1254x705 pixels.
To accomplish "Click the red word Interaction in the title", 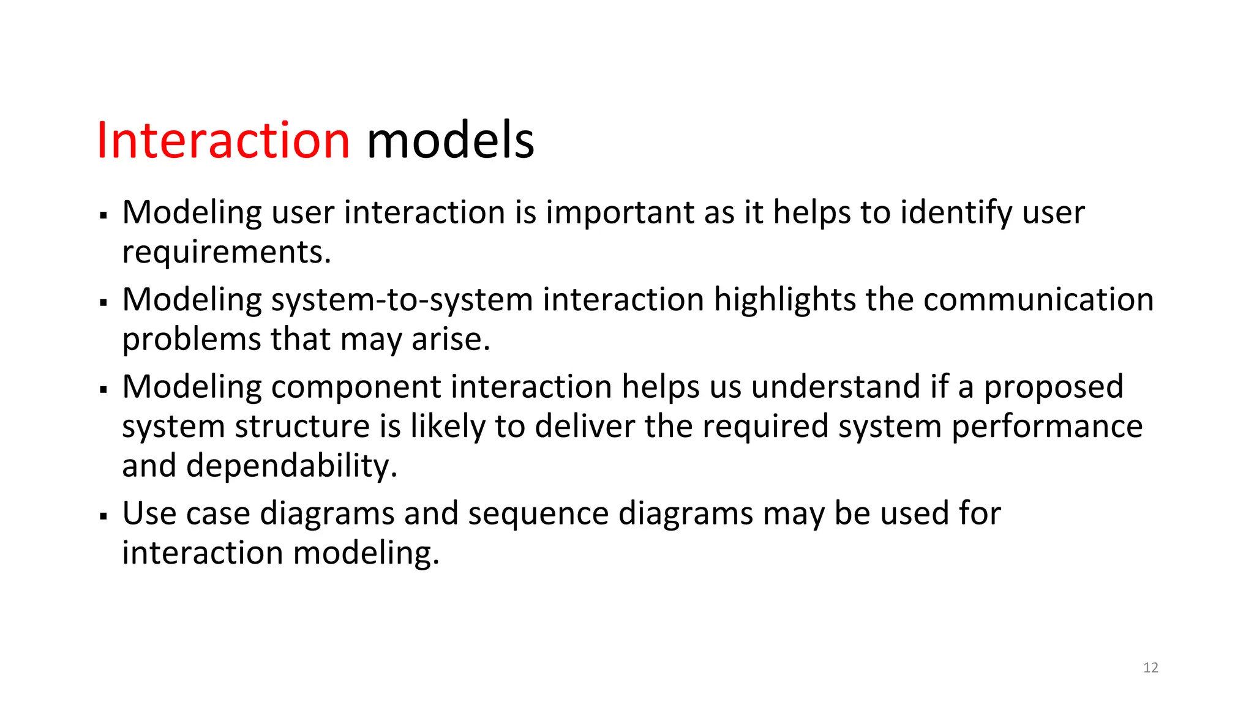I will click(x=223, y=140).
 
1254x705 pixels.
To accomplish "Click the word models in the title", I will click(x=450, y=140).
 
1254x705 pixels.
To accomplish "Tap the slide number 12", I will click(x=1151, y=668).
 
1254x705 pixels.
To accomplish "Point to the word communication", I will click(x=1038, y=300).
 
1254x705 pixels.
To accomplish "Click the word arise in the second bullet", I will click(x=450, y=340).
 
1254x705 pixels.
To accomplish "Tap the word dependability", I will click(x=291, y=466).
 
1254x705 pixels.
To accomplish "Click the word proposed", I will click(x=1053, y=387).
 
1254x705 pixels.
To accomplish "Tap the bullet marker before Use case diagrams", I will click(x=103, y=517).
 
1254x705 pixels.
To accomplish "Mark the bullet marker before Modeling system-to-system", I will click(x=103, y=302).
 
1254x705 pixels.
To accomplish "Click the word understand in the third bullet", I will click(x=835, y=387).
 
